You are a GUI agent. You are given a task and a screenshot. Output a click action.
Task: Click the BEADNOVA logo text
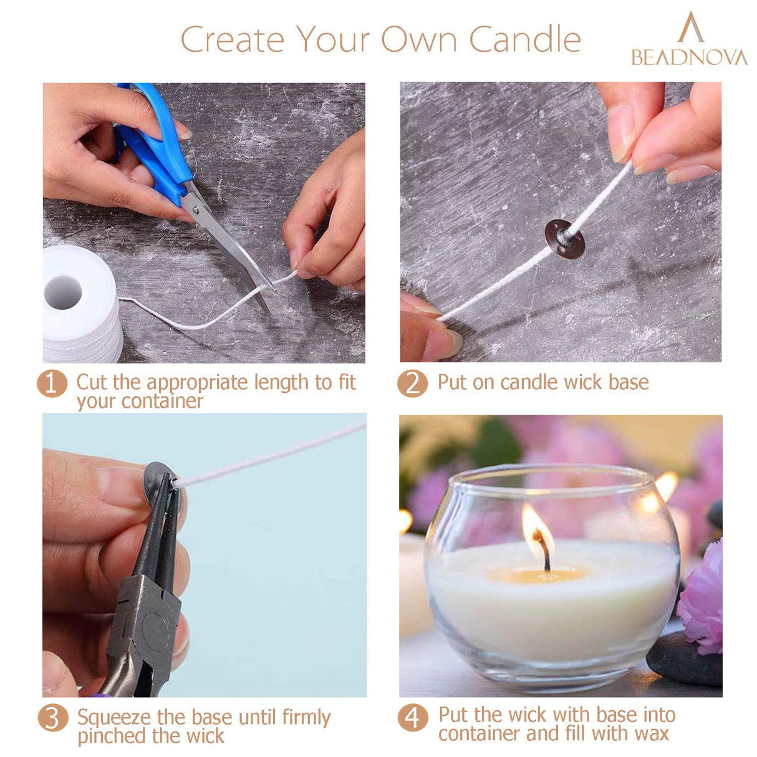689,57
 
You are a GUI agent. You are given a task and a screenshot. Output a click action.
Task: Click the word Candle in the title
524,41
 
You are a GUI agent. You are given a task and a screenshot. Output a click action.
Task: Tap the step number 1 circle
52,383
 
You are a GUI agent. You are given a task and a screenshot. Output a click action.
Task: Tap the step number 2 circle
412,383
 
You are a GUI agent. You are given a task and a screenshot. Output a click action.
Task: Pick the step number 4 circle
412,718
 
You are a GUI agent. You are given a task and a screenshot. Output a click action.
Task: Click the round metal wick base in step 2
564,238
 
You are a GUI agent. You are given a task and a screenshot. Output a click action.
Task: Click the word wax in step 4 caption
652,734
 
